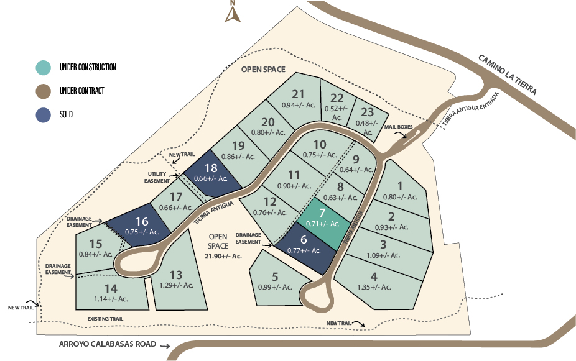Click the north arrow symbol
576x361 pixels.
[233, 12]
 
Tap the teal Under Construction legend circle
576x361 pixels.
[44, 68]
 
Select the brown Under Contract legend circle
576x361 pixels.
[44, 91]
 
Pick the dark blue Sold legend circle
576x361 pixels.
[44, 115]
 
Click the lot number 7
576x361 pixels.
[322, 212]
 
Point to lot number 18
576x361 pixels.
[211, 168]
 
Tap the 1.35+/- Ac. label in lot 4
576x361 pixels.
[374, 287]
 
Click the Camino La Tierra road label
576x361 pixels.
[508, 75]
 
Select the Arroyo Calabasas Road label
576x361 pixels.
[108, 344]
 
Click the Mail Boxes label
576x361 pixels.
[399, 127]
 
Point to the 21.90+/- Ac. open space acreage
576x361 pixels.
[223, 256]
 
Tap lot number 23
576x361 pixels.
[367, 112]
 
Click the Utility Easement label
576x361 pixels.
[157, 178]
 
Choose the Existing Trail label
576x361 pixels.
[105, 319]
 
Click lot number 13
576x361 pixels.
[176, 275]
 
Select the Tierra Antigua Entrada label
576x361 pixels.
[471, 109]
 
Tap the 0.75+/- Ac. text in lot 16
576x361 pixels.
[142, 232]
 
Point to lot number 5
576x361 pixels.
[275, 276]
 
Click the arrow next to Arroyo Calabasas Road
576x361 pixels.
[165, 345]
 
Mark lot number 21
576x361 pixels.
[298, 94]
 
